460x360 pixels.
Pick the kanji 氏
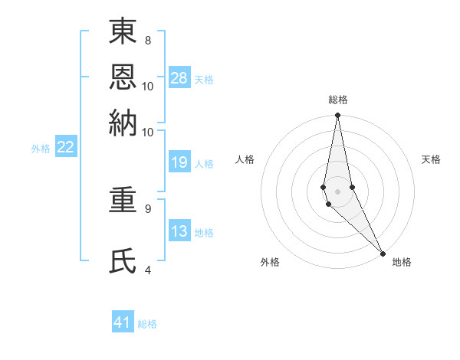pos(123,260)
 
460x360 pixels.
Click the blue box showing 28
pos(179,78)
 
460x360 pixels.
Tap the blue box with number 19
pos(179,162)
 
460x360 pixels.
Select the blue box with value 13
pos(179,232)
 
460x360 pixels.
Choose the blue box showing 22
pos(65,148)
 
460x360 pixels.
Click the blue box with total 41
pos(123,322)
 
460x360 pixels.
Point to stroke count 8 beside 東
pos(147,40)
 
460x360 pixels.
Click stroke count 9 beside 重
pos(147,208)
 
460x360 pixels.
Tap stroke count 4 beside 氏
pos(147,269)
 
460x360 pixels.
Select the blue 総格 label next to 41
pos(147,324)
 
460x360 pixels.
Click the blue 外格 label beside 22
pos(40,149)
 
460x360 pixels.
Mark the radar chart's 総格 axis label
pos(338,100)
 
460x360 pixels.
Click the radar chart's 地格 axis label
pos(402,262)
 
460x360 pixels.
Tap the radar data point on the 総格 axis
pos(337,116)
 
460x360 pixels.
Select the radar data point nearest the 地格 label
pos(383,253)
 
